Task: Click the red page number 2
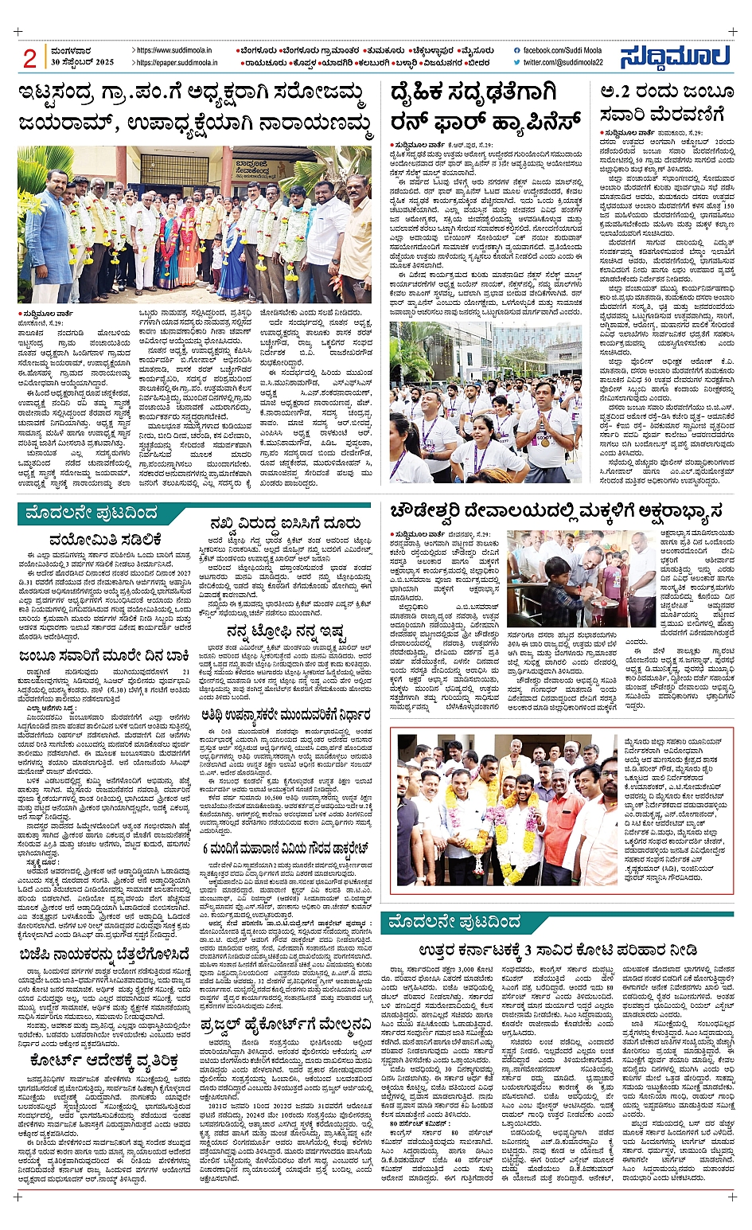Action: coord(30,58)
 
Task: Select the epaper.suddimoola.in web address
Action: coord(174,62)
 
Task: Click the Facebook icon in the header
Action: coord(517,51)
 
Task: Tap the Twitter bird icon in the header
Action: coord(517,62)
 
